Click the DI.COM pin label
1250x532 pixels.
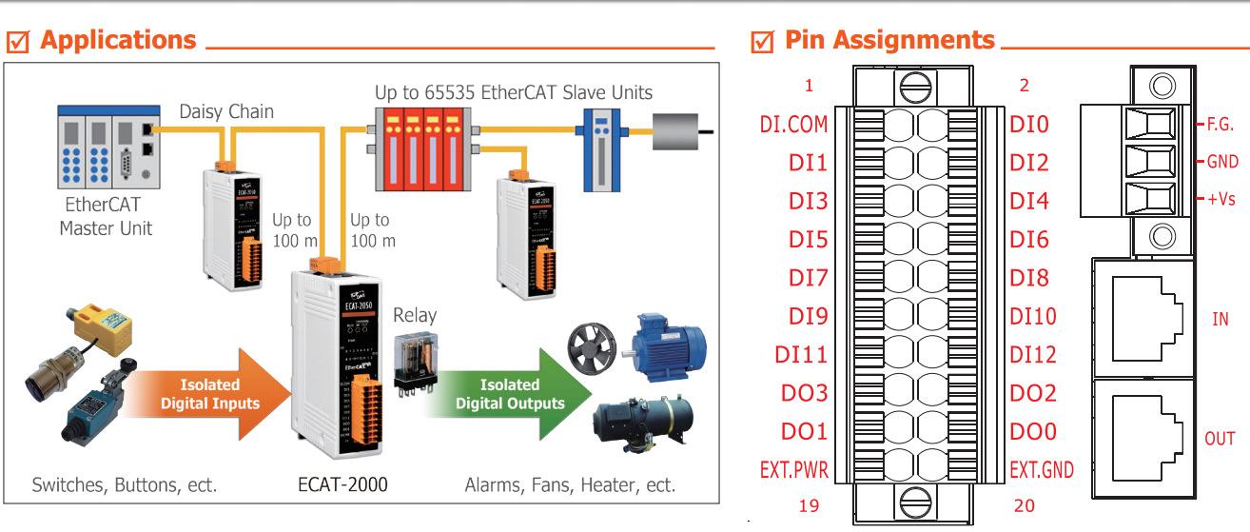[793, 125]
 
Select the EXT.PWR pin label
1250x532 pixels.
[793, 470]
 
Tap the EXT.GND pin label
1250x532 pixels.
[1043, 470]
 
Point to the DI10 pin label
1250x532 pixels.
[1033, 317]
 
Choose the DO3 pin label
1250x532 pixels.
[804, 393]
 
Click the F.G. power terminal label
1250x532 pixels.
[1221, 124]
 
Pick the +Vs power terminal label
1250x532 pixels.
[1221, 201]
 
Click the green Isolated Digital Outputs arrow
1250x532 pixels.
[495, 394]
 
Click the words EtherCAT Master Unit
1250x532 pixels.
[106, 218]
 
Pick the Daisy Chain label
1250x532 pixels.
[226, 111]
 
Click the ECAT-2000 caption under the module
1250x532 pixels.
[342, 484]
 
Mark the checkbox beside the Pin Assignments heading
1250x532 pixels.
[761, 42]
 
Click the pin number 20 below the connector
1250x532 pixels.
[1024, 505]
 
